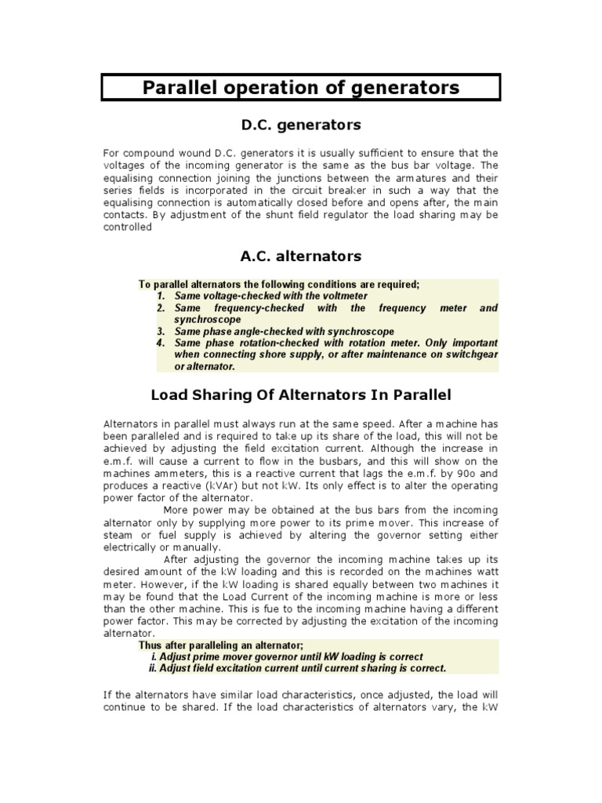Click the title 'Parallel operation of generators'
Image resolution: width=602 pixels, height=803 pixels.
[301, 87]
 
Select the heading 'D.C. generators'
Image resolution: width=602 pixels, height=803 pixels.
[300, 125]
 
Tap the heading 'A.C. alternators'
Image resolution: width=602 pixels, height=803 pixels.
[300, 256]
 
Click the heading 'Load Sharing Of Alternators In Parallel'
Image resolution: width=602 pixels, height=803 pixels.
[300, 394]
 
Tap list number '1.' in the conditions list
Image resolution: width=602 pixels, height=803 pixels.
[161, 296]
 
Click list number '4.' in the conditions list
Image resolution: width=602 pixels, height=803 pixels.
[161, 343]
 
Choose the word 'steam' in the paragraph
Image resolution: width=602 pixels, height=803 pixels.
[119, 535]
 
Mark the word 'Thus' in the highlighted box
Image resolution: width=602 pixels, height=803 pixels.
[150, 645]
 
